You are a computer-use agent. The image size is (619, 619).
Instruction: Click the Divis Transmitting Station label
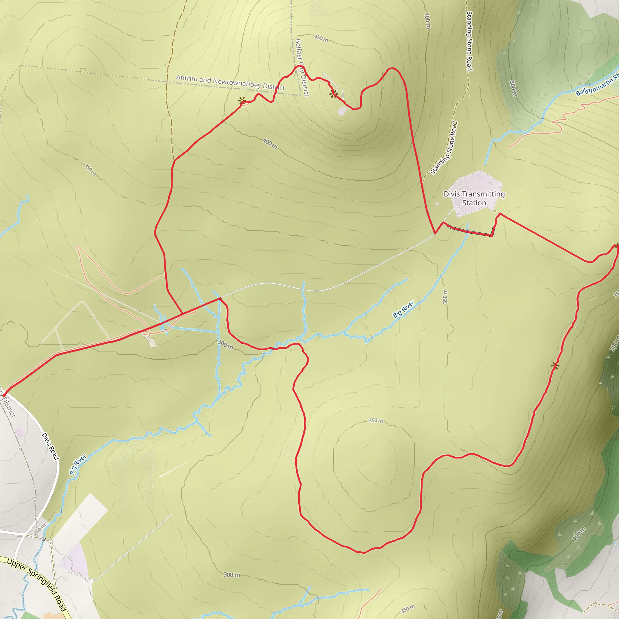474,198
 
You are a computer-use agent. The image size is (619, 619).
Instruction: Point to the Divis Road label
50,446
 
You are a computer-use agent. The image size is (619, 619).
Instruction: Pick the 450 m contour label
321,38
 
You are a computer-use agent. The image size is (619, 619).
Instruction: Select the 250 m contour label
40,529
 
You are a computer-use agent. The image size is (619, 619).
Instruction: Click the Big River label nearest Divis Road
78,464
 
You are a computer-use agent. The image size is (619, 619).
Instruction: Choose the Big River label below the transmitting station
403,309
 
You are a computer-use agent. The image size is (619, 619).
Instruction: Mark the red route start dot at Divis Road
4,396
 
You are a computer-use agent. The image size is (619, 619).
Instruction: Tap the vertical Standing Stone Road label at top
469,41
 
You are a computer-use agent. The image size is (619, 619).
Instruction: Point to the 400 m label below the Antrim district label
270,144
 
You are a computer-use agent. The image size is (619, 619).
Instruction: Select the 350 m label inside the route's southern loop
376,420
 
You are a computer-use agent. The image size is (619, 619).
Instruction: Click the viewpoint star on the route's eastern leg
555,366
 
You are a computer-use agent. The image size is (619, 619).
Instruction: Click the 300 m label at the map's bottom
232,575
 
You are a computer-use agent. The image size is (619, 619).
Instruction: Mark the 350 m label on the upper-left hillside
90,170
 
